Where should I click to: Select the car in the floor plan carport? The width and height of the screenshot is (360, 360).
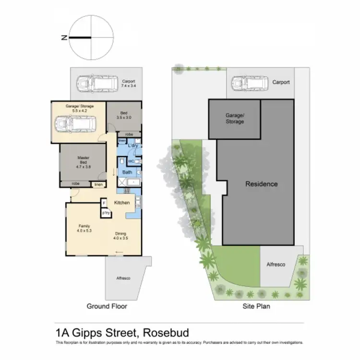click(x=95, y=84)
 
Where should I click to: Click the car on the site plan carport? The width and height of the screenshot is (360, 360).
click(x=249, y=84)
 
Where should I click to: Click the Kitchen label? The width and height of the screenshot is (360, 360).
click(x=122, y=203)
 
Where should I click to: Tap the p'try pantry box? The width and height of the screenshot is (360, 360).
click(x=105, y=213)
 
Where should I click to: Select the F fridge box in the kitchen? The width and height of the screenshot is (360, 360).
click(x=104, y=203)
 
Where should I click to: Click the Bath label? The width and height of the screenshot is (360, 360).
click(x=127, y=172)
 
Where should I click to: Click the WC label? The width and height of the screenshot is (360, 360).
click(x=131, y=161)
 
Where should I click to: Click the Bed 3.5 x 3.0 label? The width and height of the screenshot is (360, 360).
click(x=123, y=115)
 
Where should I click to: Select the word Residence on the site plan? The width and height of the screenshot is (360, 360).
click(x=261, y=184)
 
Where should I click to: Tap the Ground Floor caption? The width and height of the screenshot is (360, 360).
click(x=107, y=306)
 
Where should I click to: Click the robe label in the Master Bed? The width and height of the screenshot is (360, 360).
click(x=75, y=183)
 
